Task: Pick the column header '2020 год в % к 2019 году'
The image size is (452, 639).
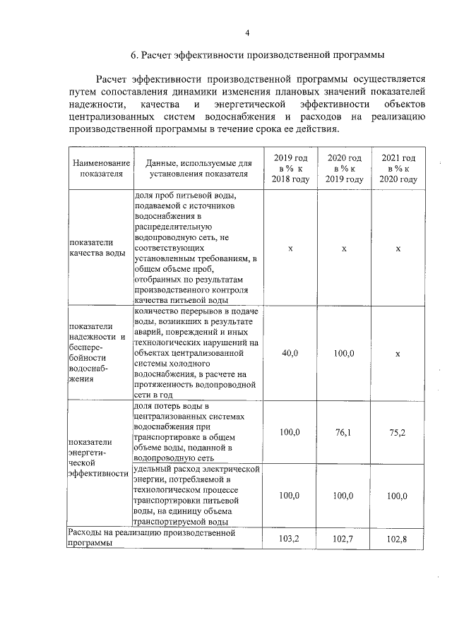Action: pyautogui.click(x=344, y=168)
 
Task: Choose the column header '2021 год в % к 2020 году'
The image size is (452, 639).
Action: pyautogui.click(x=398, y=168)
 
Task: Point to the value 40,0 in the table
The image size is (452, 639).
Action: pyautogui.click(x=290, y=352)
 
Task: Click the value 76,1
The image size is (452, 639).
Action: pyautogui.click(x=344, y=431)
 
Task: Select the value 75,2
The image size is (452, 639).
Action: pyautogui.click(x=398, y=431)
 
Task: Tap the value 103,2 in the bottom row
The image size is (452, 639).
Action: pyautogui.click(x=290, y=539)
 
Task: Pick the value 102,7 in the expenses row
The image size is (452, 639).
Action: pyautogui.click(x=344, y=539)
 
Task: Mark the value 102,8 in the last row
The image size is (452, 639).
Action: pyautogui.click(x=398, y=539)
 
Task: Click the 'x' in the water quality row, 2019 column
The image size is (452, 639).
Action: pyautogui.click(x=290, y=249)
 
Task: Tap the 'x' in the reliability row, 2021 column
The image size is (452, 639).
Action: pyautogui.click(x=398, y=352)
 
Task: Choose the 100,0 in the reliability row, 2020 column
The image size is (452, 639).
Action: pyautogui.click(x=344, y=352)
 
